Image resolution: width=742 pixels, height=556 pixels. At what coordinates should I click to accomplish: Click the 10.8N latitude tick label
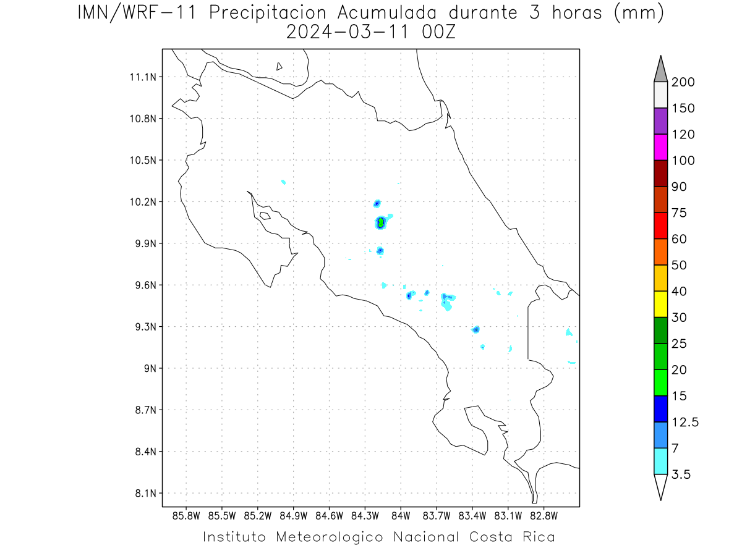coord(143,119)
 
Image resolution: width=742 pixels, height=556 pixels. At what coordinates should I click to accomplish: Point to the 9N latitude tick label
coord(150,368)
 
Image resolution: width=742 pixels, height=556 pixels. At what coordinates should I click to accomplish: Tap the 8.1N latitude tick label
coord(146,493)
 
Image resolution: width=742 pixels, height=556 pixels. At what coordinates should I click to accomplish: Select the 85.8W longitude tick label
coord(186,516)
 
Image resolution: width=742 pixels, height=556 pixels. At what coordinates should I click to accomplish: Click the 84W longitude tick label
coord(401,516)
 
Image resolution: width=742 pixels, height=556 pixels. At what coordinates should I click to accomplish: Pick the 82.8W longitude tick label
coord(544,516)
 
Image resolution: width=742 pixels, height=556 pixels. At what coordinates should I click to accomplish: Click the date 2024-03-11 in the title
coord(348,32)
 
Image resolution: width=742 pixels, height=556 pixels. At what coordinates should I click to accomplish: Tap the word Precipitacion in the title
coord(267,13)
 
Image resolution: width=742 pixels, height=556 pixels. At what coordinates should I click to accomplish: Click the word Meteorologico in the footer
coord(329,537)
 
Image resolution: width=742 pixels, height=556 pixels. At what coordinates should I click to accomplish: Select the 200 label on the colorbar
coord(683,82)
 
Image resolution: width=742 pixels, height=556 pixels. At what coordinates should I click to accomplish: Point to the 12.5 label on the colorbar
coord(685,423)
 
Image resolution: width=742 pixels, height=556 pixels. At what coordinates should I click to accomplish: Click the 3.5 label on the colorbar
coord(681,474)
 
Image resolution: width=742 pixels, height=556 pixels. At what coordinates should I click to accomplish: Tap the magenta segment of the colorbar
coord(660,147)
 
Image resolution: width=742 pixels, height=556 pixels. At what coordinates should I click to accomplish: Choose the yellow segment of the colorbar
coord(660,304)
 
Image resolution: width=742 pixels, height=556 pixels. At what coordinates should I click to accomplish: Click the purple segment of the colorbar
coord(660,121)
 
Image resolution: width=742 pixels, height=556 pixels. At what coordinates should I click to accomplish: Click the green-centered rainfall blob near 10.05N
coord(381,222)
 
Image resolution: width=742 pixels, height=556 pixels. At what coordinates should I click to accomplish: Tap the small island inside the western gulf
coord(265,216)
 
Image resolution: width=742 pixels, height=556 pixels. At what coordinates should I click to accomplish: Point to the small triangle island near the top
coord(279,66)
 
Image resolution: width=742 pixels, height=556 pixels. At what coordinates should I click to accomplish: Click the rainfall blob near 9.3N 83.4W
coord(476,329)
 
